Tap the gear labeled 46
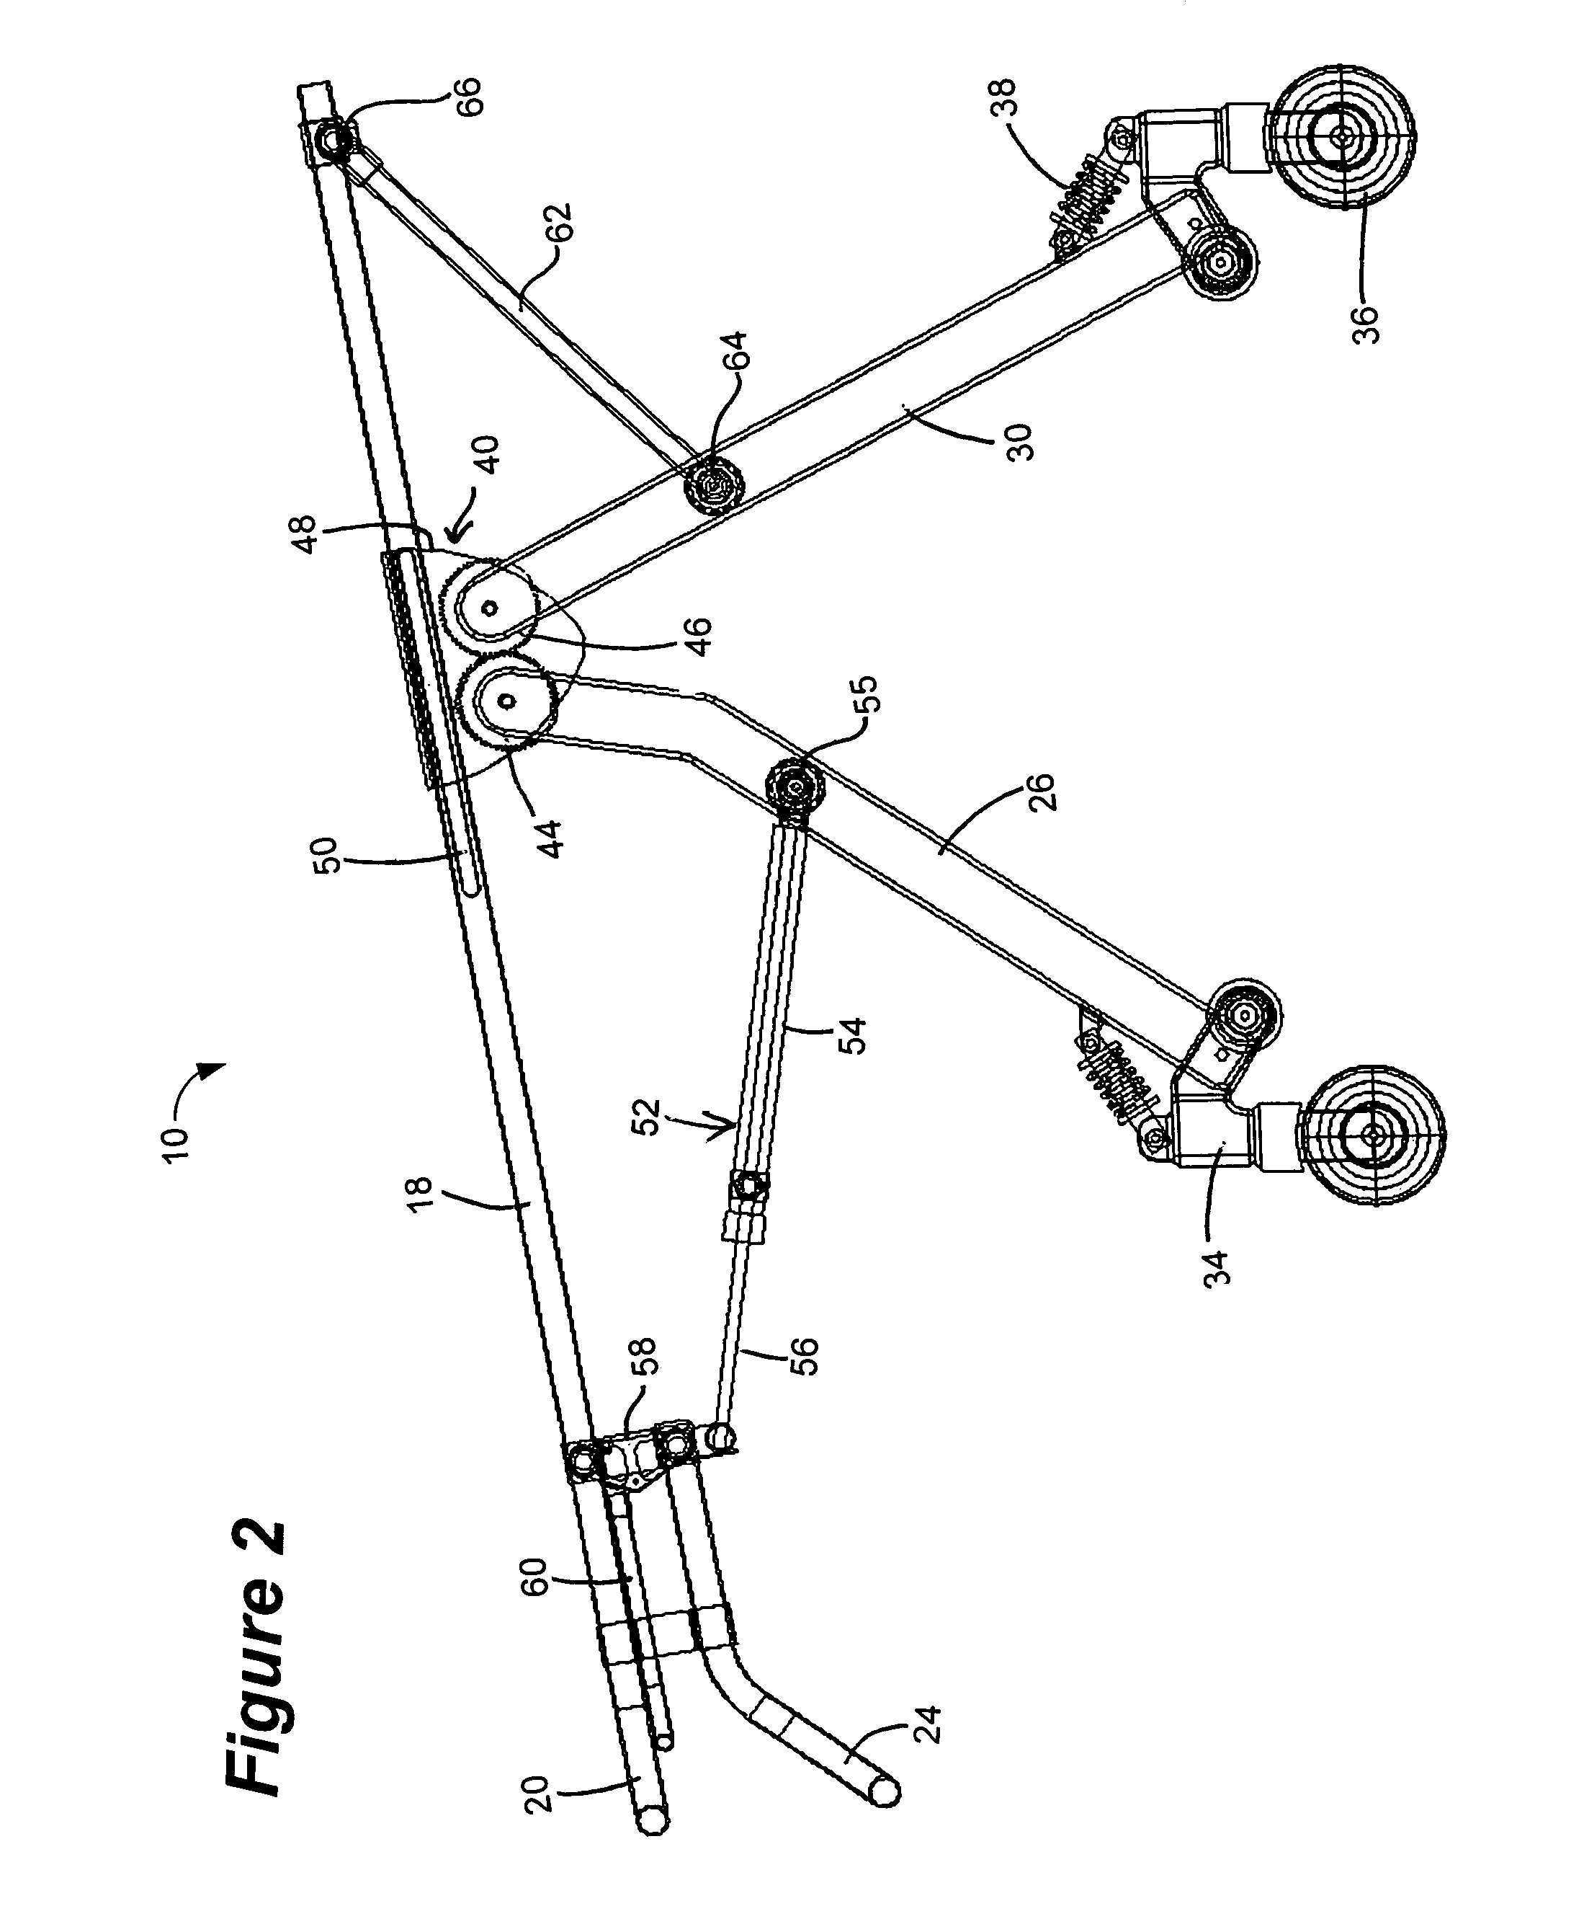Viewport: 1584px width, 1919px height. click(x=491, y=606)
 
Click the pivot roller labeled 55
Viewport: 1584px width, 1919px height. click(x=796, y=785)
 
